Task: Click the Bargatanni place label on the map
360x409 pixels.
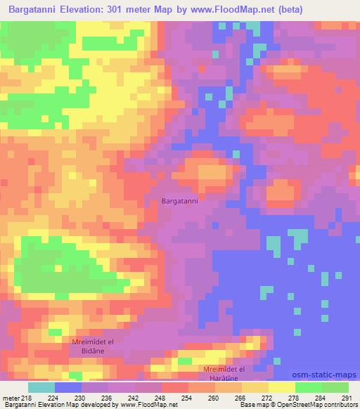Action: click(x=180, y=201)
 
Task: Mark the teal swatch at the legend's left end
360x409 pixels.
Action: click(x=41, y=387)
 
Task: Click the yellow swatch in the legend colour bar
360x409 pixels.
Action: click(x=281, y=387)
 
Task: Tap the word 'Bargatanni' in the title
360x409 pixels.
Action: click(x=34, y=11)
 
